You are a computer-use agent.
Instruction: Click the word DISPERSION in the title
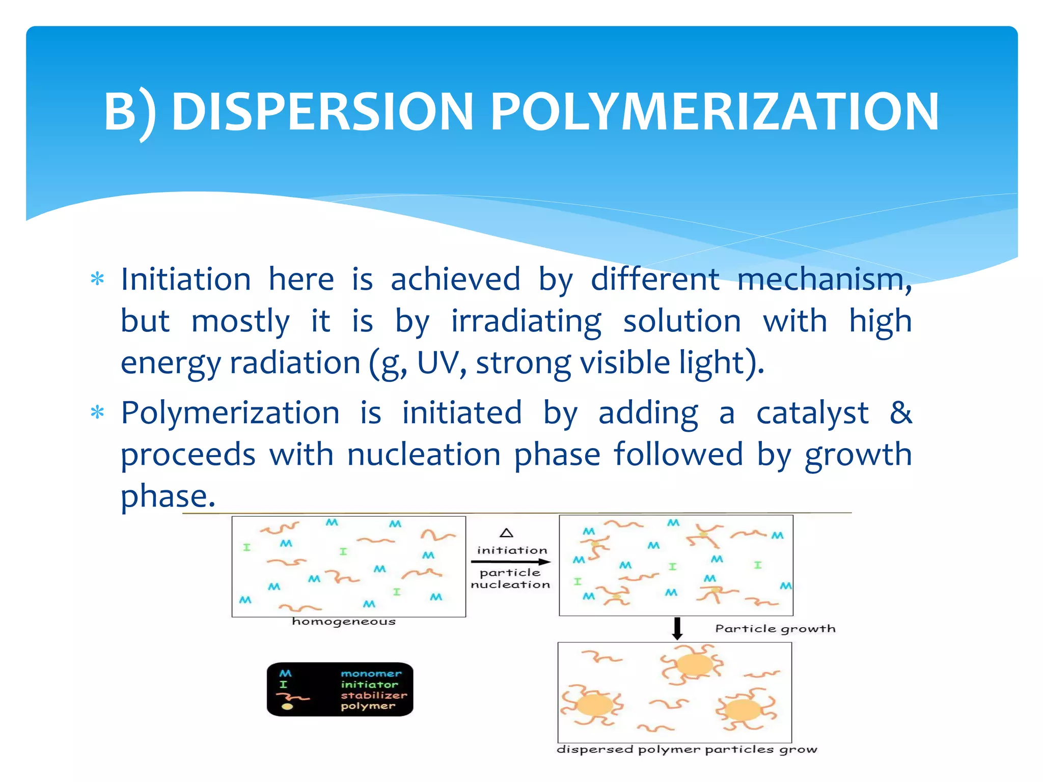point(322,111)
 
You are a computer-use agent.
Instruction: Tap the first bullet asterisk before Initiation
point(97,280)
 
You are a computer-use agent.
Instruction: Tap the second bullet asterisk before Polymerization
point(97,412)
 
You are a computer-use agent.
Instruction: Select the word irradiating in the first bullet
point(526,321)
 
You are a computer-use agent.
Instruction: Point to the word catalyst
point(812,412)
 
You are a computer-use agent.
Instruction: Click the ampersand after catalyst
point(900,412)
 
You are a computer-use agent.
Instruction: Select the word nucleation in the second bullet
point(424,454)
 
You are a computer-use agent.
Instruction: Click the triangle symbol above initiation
point(506,533)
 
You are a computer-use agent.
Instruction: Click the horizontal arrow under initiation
point(511,562)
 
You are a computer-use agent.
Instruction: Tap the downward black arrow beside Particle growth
point(677,629)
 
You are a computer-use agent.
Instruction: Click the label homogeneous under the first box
point(344,622)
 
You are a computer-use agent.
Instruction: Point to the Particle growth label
point(775,629)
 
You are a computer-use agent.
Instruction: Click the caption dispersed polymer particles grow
point(687,749)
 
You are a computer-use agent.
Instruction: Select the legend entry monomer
point(371,674)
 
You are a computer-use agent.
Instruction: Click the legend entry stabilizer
point(374,695)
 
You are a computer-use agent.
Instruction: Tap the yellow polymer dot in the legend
point(287,707)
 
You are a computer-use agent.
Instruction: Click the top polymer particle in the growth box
point(694,665)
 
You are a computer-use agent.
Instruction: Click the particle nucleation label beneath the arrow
point(510,579)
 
